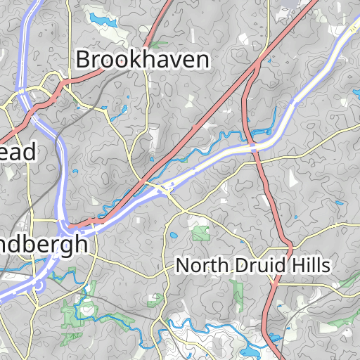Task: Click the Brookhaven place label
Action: pyautogui.click(x=142, y=59)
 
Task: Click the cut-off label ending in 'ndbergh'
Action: pyautogui.click(x=44, y=244)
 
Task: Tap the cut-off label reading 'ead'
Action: pyautogui.click(x=18, y=151)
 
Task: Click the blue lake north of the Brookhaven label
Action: pyautogui.click(x=101, y=19)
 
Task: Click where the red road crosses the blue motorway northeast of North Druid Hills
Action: pyautogui.click(x=254, y=146)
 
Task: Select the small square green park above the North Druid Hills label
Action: pyautogui.click(x=201, y=233)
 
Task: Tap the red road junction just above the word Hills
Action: pyautogui.click(x=289, y=247)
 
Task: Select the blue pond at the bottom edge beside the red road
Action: pyautogui.click(x=249, y=351)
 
